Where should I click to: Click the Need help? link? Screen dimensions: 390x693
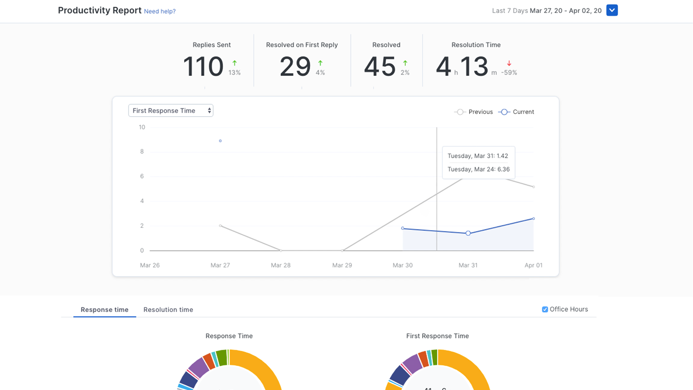(159, 11)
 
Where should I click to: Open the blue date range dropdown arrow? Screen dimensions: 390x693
(612, 10)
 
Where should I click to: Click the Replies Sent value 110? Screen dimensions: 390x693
(203, 67)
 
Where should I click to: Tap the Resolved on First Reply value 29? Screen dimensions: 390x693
(295, 67)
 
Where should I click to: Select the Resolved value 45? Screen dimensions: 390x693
(380, 67)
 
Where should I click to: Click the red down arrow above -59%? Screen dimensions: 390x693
(509, 63)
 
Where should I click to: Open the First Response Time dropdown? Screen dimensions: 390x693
(171, 110)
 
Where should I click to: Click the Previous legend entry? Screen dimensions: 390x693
(474, 112)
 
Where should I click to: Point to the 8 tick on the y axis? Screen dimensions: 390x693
(142, 152)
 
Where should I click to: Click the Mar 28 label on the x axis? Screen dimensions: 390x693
(281, 265)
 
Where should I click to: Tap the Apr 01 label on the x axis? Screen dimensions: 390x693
(533, 265)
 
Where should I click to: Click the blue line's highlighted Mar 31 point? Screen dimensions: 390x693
(468, 233)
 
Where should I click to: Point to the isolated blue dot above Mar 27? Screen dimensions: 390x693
(220, 141)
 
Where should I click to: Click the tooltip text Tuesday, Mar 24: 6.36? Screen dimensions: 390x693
(478, 169)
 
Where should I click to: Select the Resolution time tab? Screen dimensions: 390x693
(168, 309)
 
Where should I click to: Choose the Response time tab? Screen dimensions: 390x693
(104, 309)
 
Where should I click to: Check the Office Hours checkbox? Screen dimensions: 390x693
(545, 309)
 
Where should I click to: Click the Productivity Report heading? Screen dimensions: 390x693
(100, 10)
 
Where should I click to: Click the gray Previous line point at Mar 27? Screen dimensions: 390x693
(220, 226)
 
